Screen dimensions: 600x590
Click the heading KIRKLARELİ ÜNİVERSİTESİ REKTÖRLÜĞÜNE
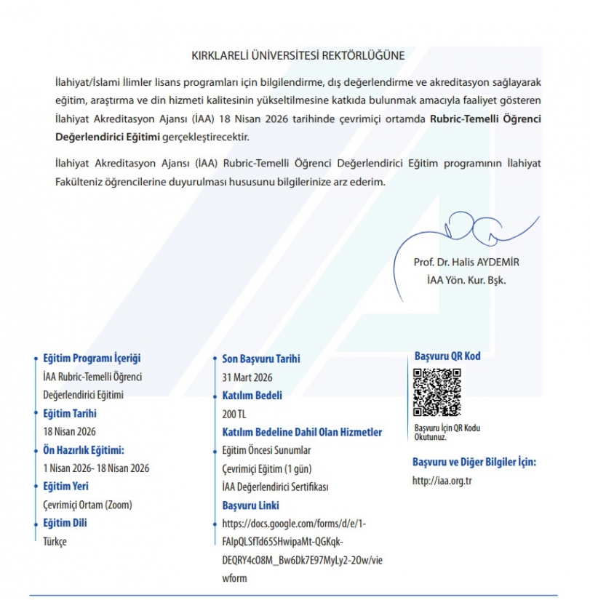(298, 55)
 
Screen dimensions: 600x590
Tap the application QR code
(437, 393)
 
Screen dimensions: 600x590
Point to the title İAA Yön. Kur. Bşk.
(466, 279)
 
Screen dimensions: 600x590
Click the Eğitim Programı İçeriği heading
(92, 359)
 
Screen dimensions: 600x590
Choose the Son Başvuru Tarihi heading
(260, 359)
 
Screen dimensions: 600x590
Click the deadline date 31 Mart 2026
(247, 377)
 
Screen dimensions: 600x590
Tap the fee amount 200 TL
(234, 414)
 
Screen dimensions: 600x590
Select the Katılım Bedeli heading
(252, 396)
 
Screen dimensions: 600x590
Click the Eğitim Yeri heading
(65, 487)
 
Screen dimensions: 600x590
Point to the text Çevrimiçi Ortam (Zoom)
(87, 505)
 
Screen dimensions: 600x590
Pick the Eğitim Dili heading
(65, 523)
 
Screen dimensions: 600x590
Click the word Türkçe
(55, 542)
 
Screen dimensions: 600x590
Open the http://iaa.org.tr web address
(442, 481)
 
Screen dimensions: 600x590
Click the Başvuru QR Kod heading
(447, 356)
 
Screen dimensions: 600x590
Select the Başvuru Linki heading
(250, 505)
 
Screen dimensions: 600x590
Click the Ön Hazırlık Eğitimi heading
(84, 450)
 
